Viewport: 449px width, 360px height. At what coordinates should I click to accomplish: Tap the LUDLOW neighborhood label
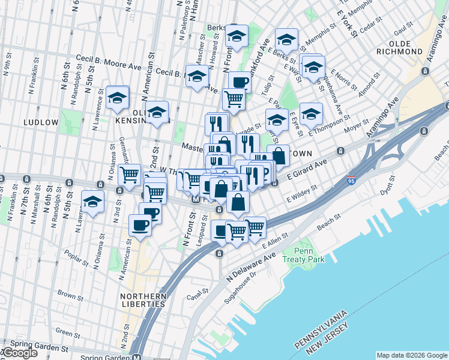41,122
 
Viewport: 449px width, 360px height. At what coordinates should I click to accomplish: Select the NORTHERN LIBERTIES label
143,300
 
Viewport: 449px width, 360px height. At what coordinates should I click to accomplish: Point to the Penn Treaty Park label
310,254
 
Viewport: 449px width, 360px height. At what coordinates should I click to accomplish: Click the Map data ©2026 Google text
412,355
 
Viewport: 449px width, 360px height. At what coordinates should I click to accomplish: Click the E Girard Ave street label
306,167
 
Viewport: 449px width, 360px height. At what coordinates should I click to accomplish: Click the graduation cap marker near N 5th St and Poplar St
92,202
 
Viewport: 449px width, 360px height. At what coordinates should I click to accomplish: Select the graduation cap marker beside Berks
237,36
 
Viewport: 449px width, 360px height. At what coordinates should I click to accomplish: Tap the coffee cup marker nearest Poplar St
140,226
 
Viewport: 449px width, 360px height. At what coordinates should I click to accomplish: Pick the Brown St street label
71,295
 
